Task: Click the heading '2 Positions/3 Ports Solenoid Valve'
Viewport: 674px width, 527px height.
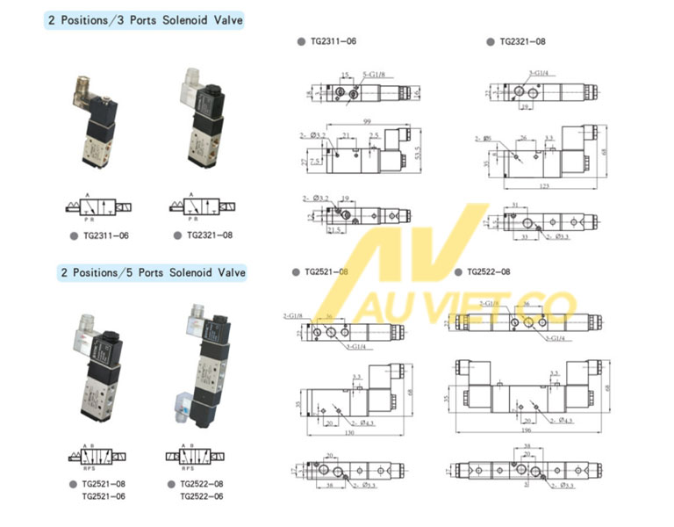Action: (x=144, y=19)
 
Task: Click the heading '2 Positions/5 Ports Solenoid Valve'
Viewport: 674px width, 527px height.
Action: (x=144, y=273)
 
